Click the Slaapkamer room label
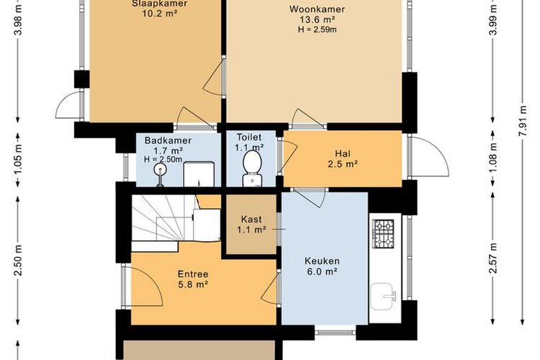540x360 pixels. coord(159,4)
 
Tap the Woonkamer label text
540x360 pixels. coord(318,9)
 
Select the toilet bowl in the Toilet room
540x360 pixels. coord(252,168)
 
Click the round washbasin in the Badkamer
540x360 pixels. coord(160,169)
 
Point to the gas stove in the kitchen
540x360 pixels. coord(383,234)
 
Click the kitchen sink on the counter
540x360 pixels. coord(383,296)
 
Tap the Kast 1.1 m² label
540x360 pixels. coord(251,224)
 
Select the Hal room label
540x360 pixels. coord(343,153)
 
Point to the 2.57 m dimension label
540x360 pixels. coord(493,258)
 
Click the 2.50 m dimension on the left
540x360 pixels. coord(18,260)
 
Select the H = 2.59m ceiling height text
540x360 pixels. coord(318,30)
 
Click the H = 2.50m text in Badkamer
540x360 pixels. coord(163,159)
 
